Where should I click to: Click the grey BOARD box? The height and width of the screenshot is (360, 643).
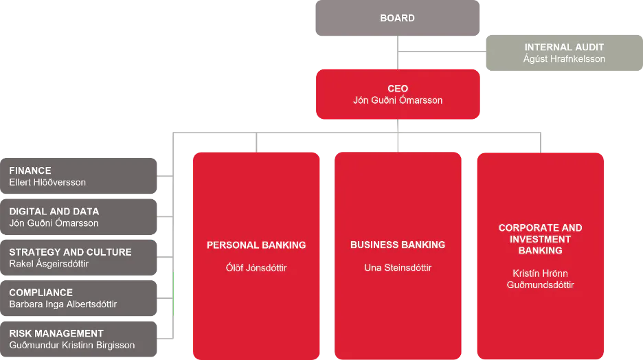click(397, 18)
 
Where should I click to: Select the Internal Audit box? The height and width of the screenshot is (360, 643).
click(564, 53)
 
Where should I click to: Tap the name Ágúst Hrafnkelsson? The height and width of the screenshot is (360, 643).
click(564, 59)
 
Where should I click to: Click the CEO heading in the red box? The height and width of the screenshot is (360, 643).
click(398, 89)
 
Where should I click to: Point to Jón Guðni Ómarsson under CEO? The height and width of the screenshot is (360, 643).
click(398, 100)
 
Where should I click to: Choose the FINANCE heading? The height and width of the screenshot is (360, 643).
click(30, 170)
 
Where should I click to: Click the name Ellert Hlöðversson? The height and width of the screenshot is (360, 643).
click(47, 183)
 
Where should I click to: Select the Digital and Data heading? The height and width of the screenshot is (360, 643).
click(54, 212)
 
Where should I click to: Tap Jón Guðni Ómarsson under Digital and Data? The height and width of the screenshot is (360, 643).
click(54, 223)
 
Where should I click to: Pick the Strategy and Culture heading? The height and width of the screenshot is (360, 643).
click(71, 252)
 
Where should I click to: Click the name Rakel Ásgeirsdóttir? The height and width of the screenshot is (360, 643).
click(49, 264)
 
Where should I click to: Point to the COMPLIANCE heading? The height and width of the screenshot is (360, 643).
click(41, 293)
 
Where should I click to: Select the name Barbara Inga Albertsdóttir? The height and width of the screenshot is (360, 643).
click(63, 304)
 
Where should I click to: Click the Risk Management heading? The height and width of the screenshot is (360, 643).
click(56, 333)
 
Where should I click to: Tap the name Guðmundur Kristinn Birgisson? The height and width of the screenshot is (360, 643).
click(72, 346)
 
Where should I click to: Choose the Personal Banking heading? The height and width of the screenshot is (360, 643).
click(256, 245)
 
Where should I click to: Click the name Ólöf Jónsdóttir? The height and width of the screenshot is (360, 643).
click(256, 268)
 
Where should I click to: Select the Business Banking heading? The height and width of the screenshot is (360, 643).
click(398, 245)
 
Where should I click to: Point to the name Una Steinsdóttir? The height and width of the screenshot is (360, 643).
click(398, 268)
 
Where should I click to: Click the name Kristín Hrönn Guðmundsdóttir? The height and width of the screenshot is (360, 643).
click(541, 279)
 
